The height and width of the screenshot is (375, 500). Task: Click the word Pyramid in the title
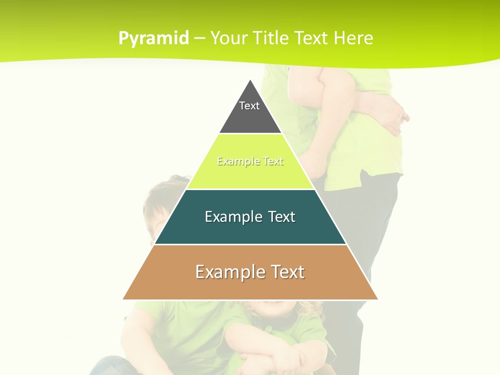point(154,39)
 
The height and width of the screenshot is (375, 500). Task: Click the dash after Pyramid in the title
point(199,39)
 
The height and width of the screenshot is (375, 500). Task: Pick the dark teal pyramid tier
point(250,229)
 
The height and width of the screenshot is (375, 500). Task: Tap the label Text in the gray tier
point(249,106)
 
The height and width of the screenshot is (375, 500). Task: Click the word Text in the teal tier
point(282,217)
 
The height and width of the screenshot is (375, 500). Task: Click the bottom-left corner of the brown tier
point(124,298)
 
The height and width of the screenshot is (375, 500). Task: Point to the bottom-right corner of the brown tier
point(377,298)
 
